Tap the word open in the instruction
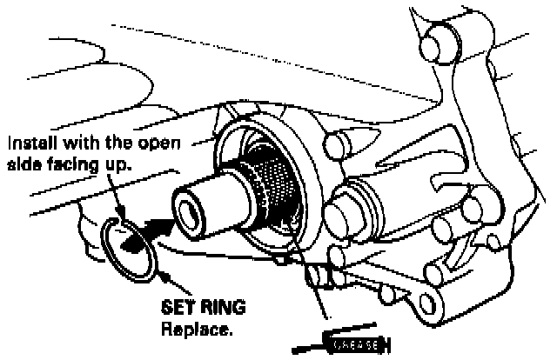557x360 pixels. click(x=158, y=142)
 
